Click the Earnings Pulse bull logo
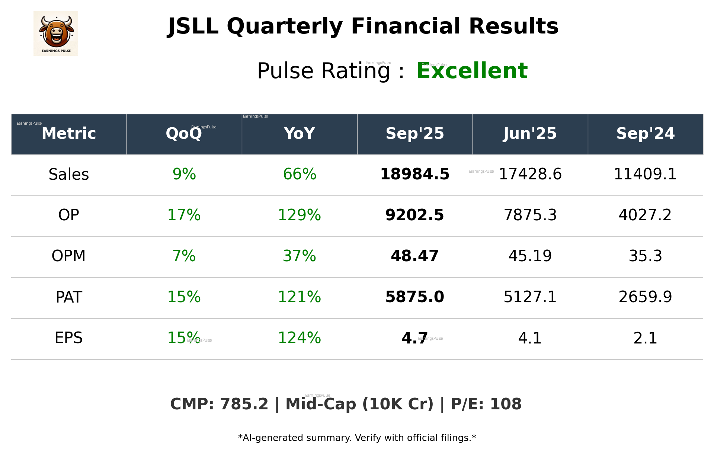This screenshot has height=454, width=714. [x=56, y=33]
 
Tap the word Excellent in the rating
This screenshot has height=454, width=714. [x=472, y=71]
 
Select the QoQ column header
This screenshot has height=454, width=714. [x=184, y=134]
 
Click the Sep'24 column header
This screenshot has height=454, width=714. [x=645, y=134]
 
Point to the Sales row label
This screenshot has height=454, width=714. [x=69, y=175]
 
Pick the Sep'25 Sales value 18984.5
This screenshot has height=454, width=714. [x=414, y=175]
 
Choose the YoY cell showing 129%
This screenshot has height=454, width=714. [x=299, y=215]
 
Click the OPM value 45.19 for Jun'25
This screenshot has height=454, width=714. [x=530, y=256]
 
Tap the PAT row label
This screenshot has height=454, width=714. [x=69, y=297]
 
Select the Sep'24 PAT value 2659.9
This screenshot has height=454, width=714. [x=645, y=297]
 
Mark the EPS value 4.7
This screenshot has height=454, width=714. [x=414, y=338]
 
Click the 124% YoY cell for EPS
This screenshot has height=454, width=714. [x=299, y=338]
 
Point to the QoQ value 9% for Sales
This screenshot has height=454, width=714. [x=184, y=175]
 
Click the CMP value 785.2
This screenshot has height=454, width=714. [x=244, y=404]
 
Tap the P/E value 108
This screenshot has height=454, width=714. [x=506, y=404]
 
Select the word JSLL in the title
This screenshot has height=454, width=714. [x=193, y=26]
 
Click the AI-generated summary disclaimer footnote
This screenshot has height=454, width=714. [x=357, y=438]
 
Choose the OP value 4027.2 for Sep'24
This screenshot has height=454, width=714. [x=645, y=215]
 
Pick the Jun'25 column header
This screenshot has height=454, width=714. [x=530, y=134]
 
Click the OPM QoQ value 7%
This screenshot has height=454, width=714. [x=184, y=256]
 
